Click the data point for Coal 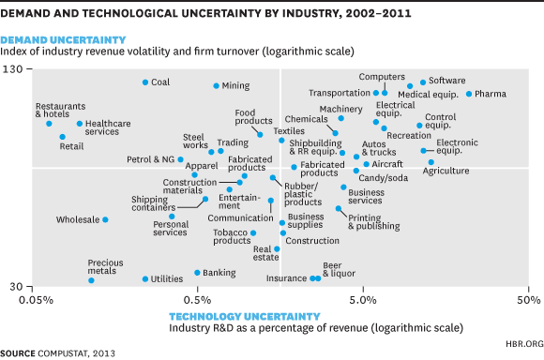145,82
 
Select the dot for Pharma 469,94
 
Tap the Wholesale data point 105,219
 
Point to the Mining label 235,86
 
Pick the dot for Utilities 144,278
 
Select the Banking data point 197,273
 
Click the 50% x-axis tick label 526,301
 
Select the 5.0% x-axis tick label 362,301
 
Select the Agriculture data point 431,161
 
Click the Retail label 71,146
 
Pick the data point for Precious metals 91,280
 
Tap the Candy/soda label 384,177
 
